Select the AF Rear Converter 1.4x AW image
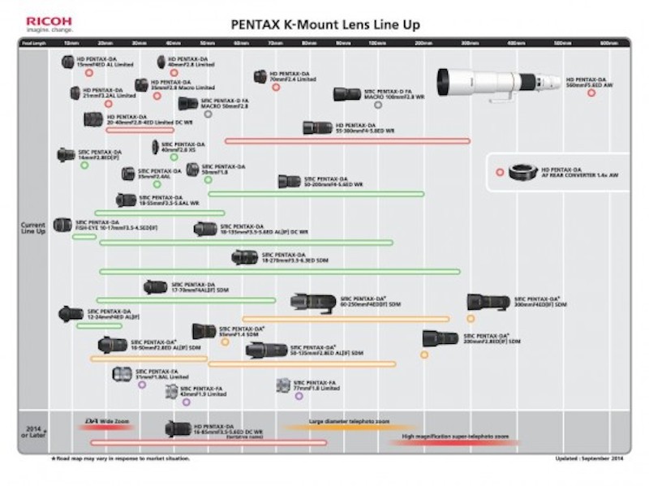pos(519,172)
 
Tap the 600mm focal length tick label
pos(608,42)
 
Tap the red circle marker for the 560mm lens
pos(591,92)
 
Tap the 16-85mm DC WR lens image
pos(178,429)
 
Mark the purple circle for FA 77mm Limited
pos(299,396)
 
